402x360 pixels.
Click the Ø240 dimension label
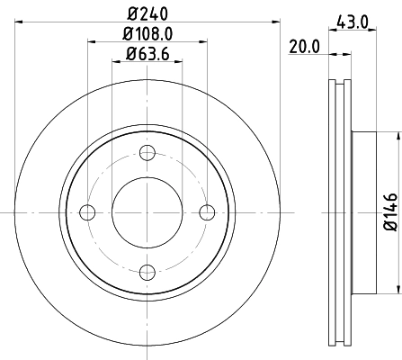coord(148,13)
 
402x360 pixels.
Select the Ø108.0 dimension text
coord(148,33)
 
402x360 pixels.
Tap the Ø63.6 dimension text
coord(148,55)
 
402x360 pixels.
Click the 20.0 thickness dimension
coord(305,48)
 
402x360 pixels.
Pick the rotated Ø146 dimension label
coord(389,211)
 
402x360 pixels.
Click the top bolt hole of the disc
coord(147,152)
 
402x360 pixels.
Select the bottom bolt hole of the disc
coord(147,271)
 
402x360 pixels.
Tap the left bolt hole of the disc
coord(87,211)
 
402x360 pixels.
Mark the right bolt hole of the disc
coord(208,211)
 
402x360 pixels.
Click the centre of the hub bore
coord(147,211)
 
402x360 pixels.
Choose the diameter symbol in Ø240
coord(131,13)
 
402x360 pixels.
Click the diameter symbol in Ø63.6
coord(130,55)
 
